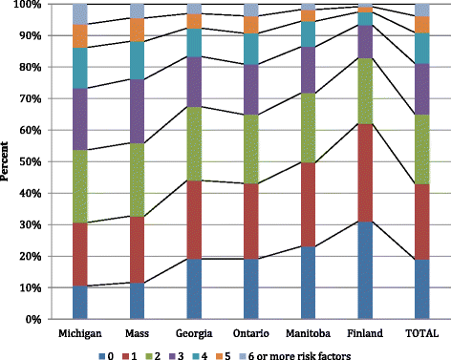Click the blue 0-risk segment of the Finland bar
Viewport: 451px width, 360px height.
coord(365,270)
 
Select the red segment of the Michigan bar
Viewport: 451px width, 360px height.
coord(80,254)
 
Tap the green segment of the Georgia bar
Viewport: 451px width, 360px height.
coord(194,143)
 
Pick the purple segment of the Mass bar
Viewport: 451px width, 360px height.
coord(137,111)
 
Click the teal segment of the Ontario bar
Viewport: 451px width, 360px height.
coord(251,49)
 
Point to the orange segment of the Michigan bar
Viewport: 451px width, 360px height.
coord(80,36)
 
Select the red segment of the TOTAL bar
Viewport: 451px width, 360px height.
coord(422,222)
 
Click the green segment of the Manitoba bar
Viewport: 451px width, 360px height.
coord(308,128)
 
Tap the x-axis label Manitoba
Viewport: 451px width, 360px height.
coord(308,333)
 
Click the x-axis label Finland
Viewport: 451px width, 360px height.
coord(365,333)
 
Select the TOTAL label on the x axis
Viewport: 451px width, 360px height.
coord(422,333)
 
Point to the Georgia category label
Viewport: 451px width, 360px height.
coord(194,333)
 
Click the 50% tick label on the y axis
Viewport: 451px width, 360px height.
coord(28,161)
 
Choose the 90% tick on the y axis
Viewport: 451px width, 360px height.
coord(28,35)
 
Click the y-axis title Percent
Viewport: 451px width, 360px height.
coord(5,161)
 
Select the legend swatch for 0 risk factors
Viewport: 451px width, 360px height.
coord(102,356)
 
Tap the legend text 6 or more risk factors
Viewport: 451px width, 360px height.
coord(299,356)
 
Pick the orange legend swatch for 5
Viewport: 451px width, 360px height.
coord(219,356)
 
